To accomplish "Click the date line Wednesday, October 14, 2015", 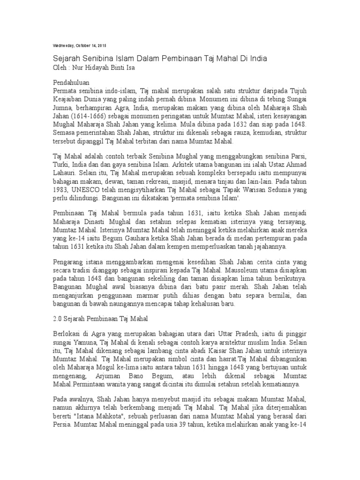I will point(78,45).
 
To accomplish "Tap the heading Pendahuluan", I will point(73,82).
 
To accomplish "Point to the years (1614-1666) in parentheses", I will point(89,116).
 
